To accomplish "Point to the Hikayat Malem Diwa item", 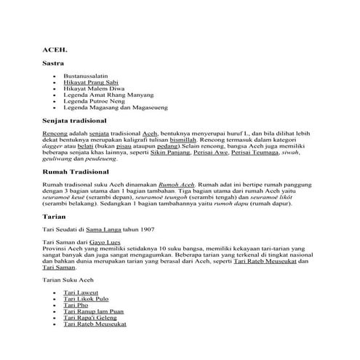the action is pyautogui.click(x=92, y=91).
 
